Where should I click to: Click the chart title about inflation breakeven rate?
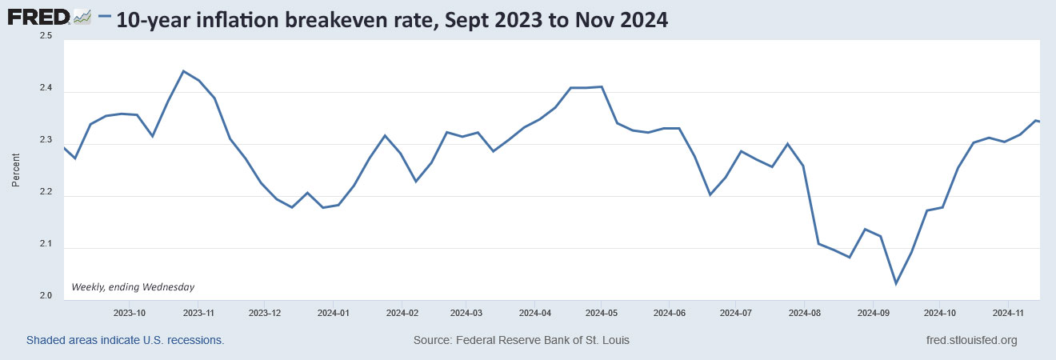click(392, 20)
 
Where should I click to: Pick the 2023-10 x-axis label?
click(129, 312)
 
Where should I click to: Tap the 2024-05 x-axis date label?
click(601, 312)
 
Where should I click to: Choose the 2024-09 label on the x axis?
click(874, 312)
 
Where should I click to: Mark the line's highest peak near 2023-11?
click(183, 71)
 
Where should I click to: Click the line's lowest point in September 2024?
click(896, 283)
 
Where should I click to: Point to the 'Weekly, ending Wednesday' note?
click(133, 286)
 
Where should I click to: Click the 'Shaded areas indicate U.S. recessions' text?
click(125, 340)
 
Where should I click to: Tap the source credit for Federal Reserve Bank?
click(521, 340)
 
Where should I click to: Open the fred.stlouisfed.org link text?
click(970, 340)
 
